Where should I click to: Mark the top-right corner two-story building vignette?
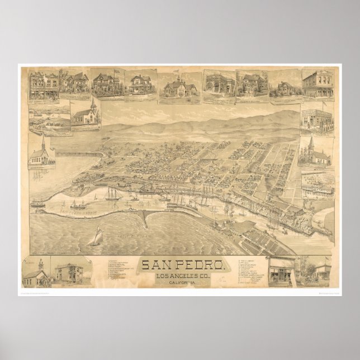317,84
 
